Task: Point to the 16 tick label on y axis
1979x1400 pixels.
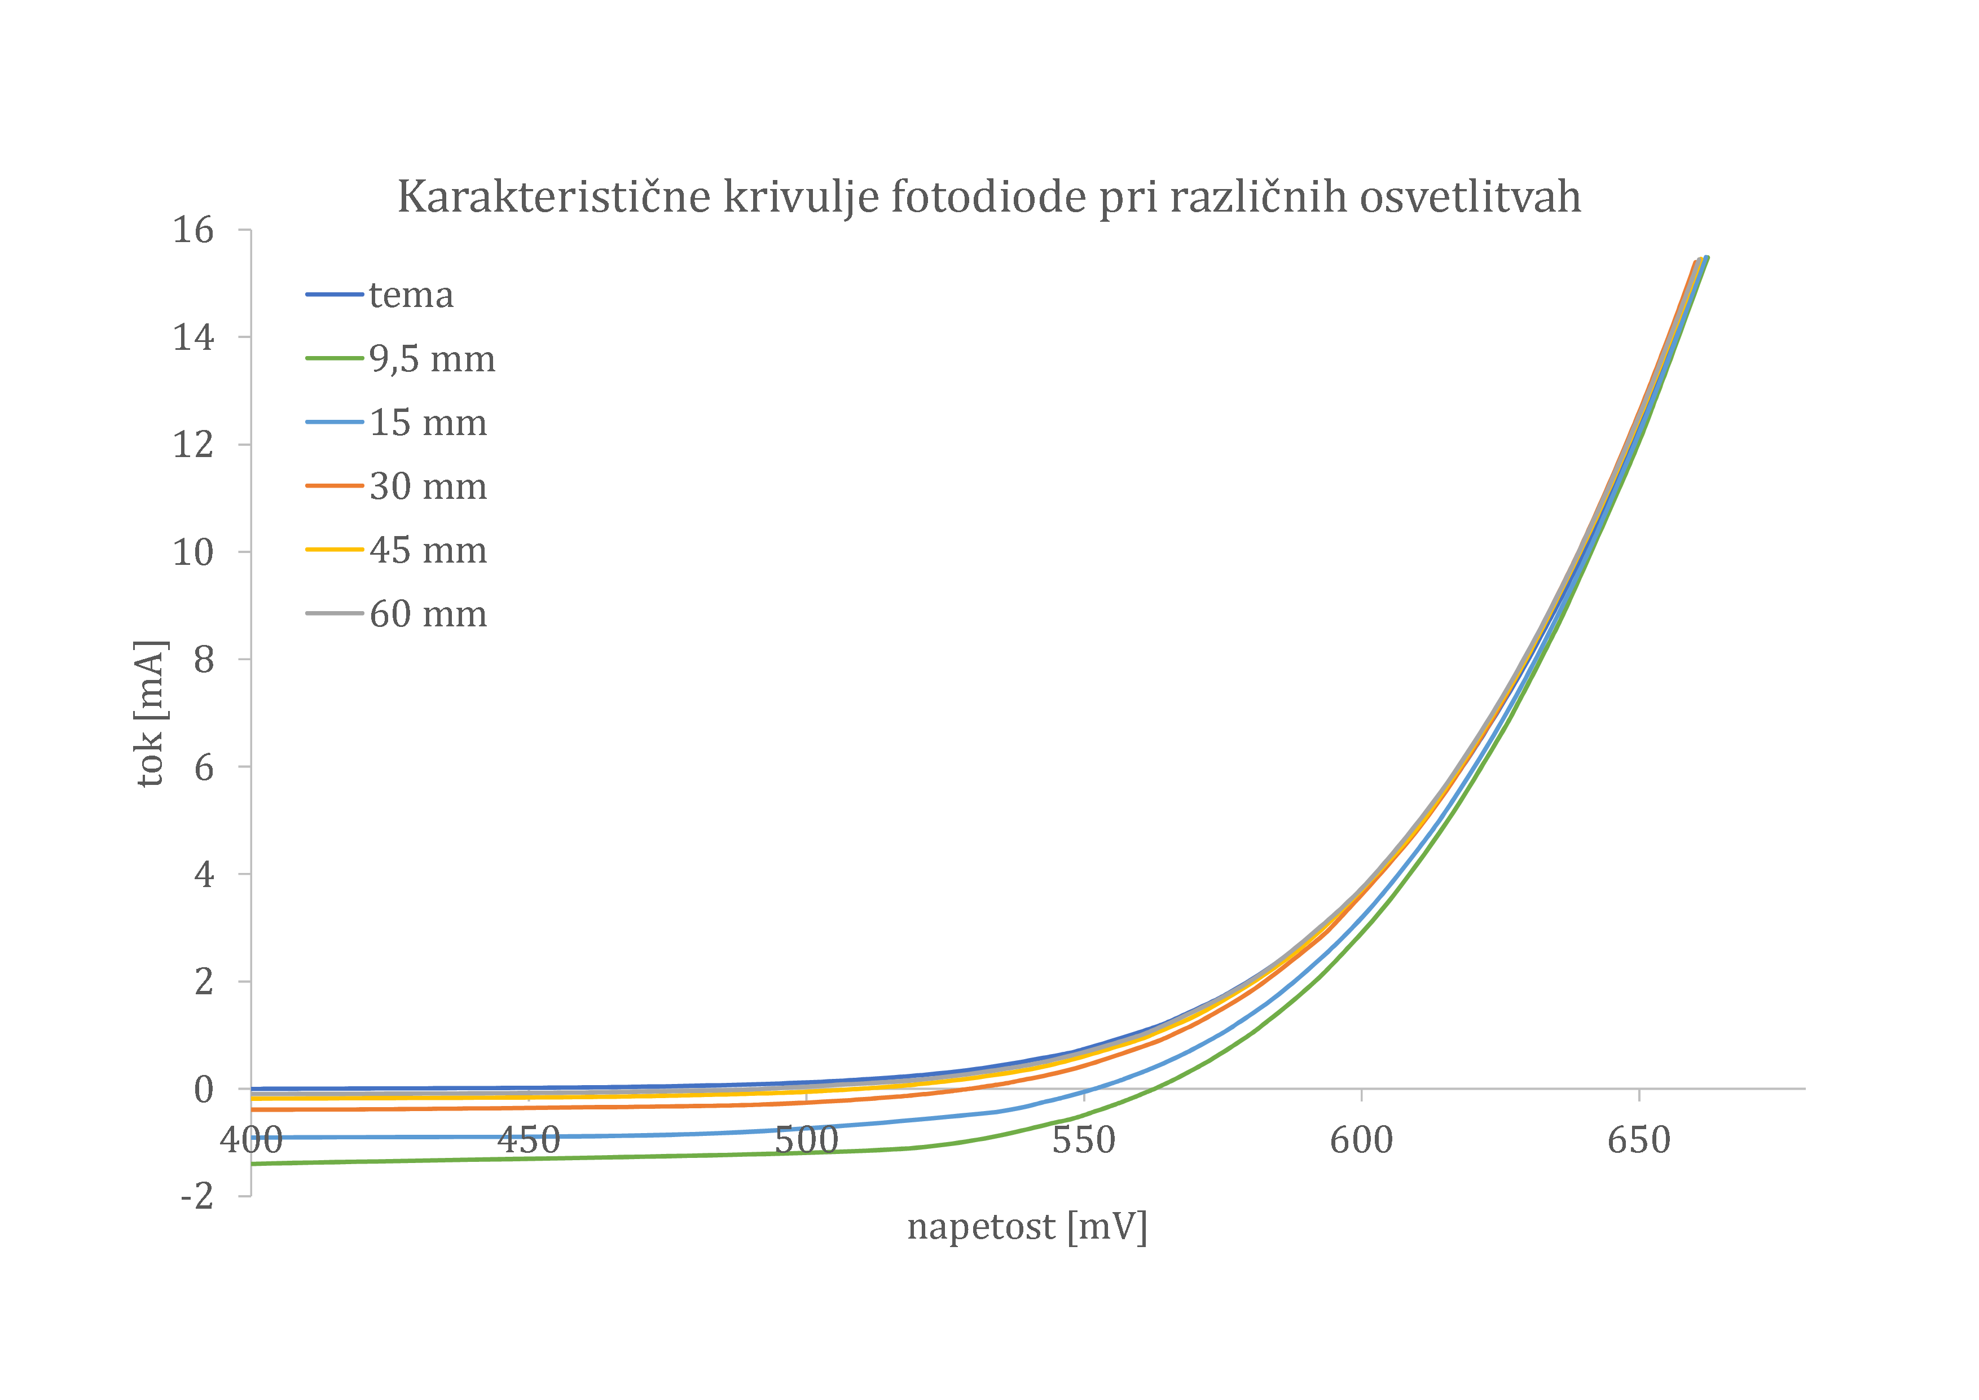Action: click(193, 230)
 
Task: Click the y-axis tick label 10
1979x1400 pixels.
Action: click(193, 552)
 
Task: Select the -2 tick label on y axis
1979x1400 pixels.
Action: click(196, 1196)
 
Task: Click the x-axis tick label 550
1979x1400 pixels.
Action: click(1084, 1140)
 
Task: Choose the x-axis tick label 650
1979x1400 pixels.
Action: click(1638, 1140)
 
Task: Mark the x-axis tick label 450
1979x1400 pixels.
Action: click(529, 1140)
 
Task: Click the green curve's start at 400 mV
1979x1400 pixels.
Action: click(253, 1164)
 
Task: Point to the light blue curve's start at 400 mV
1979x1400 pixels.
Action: click(253, 1138)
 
